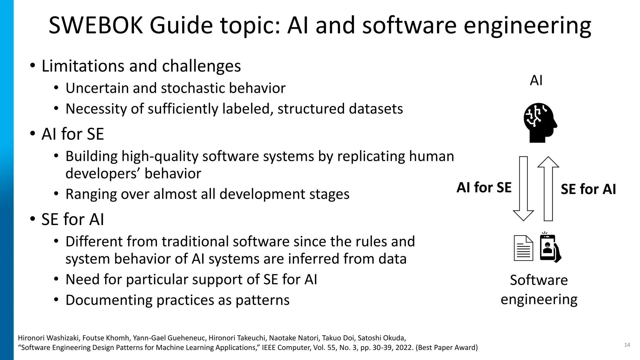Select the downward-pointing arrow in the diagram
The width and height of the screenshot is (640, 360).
point(523,189)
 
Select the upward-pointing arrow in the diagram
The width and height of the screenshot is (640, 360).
point(548,189)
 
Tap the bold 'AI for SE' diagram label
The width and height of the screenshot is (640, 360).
point(484,187)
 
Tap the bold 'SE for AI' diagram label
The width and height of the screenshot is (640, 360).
point(588,189)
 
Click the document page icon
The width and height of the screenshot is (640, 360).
point(523,248)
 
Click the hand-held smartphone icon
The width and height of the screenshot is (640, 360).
point(549,248)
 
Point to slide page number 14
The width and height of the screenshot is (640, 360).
point(627,345)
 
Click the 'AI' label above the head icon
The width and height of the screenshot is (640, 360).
point(536,81)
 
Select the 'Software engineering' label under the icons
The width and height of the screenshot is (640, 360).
point(539,289)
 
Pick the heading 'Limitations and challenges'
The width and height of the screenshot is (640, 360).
point(141,66)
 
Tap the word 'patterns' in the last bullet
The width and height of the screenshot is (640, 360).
point(262,300)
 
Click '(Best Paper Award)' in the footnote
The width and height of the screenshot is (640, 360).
point(447,347)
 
